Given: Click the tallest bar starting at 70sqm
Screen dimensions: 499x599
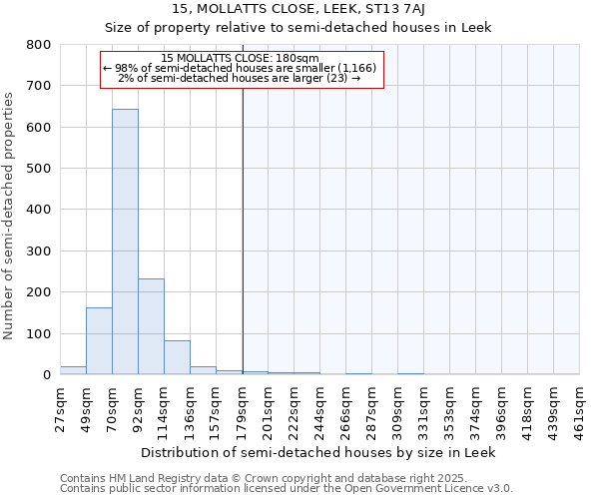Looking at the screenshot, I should [125, 242].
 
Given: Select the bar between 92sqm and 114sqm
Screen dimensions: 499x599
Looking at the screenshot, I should [151, 326].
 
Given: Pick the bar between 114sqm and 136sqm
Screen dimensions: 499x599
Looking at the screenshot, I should [177, 357].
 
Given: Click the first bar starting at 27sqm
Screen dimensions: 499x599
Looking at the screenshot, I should [73, 370].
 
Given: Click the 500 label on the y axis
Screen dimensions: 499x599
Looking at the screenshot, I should [38, 169].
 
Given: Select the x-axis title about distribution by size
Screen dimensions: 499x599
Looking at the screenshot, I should [317, 452].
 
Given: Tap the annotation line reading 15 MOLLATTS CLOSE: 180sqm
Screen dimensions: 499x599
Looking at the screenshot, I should [240, 58].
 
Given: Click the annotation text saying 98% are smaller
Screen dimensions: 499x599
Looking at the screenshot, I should [240, 67].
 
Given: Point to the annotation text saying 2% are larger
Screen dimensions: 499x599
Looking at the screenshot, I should [240, 77].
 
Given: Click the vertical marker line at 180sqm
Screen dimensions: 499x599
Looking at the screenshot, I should [243, 220].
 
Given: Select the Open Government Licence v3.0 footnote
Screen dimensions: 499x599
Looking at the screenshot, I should [287, 489].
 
